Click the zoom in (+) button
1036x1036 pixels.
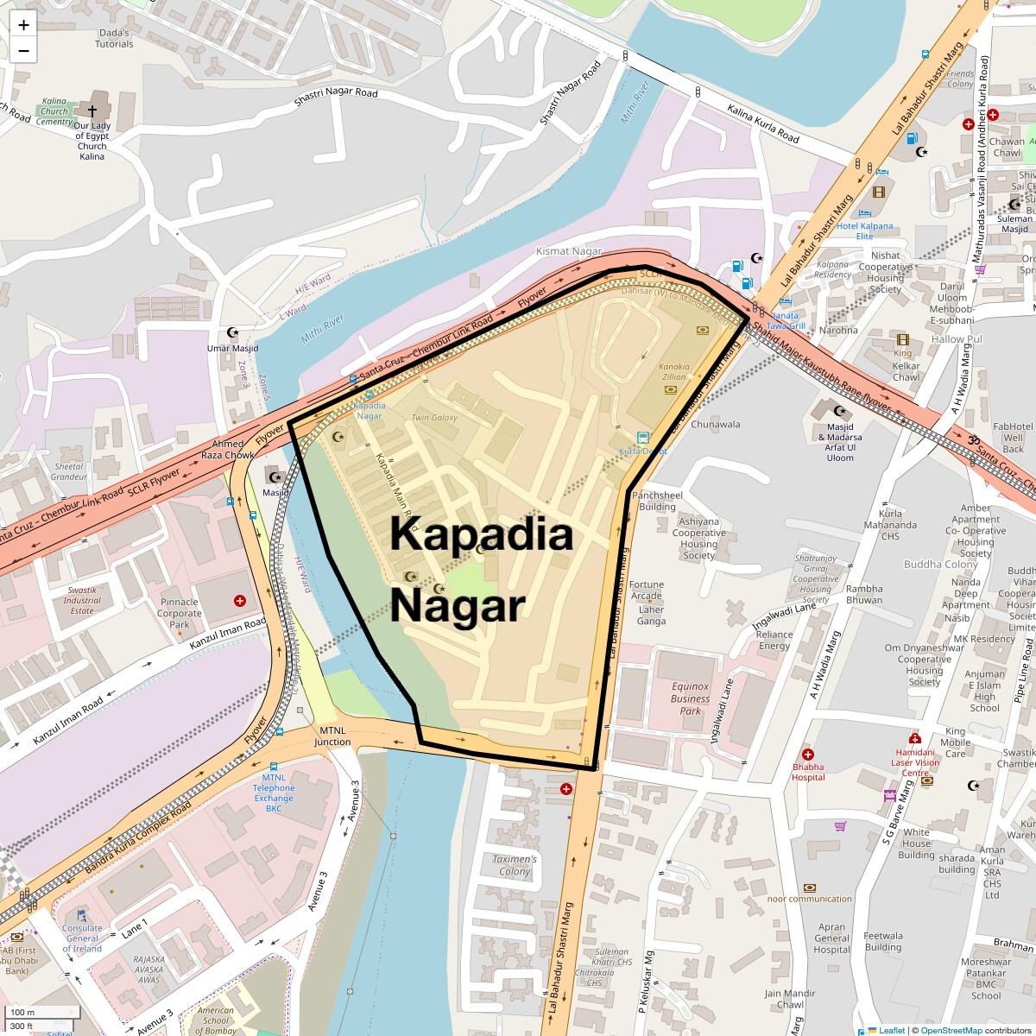[x=23, y=24]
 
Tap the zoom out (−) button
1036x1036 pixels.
[x=23, y=51]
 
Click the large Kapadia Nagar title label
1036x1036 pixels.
[x=481, y=569]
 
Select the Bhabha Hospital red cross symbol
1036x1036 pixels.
[x=808, y=755]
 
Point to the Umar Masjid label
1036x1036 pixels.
[x=232, y=349]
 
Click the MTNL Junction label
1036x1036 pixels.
[x=332, y=736]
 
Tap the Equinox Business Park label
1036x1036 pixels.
[x=691, y=698]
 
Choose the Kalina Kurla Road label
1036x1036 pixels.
[x=762, y=123]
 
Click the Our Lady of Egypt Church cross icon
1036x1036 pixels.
[x=92, y=111]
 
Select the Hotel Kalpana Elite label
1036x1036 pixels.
[x=864, y=231]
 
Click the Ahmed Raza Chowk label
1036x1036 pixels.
[x=228, y=449]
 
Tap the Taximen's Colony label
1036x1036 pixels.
[x=515, y=865]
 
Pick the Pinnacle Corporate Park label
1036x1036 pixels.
[x=180, y=613]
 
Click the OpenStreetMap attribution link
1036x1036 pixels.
[x=951, y=1030]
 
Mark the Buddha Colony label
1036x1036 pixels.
[x=940, y=565]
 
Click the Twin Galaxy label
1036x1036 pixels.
[x=434, y=418]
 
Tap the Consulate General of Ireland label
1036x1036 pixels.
[x=82, y=938]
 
